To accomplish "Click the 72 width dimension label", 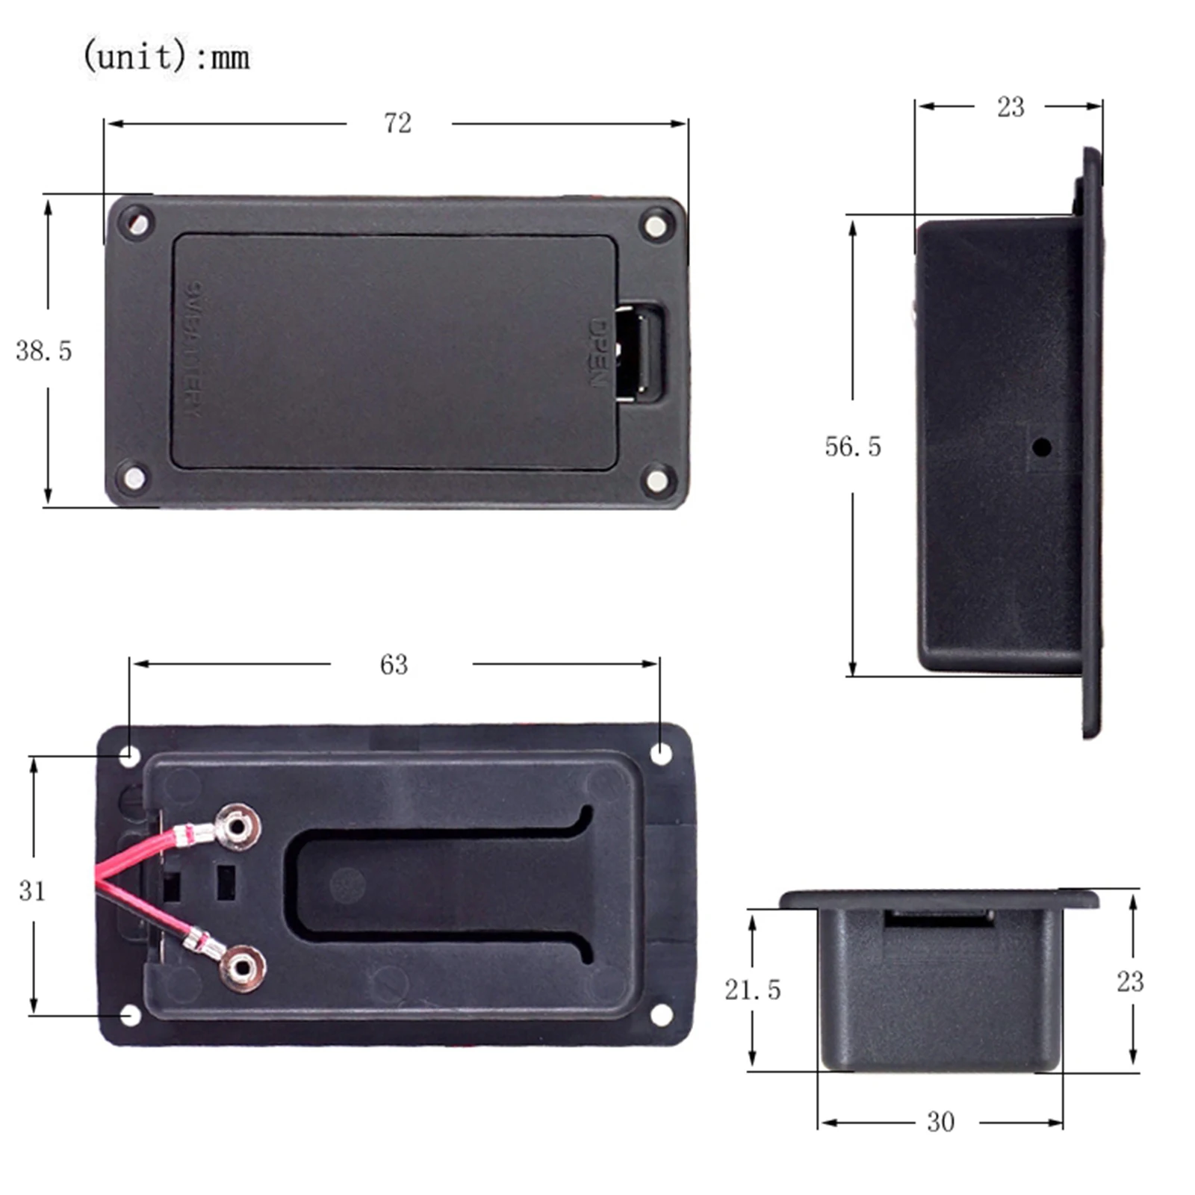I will (397, 123).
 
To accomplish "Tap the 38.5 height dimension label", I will (43, 351).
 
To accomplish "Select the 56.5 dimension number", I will (852, 447).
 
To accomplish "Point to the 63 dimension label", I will (394, 665).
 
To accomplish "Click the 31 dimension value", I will (32, 890).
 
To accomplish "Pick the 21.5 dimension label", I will (752, 990).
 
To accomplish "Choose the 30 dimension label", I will (940, 1122).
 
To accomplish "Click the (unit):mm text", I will (166, 56).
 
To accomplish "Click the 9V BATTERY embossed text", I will (193, 350).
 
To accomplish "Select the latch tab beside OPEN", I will (641, 353).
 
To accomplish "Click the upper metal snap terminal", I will (238, 827).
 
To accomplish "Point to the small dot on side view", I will (1042, 448).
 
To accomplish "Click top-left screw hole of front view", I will (136, 223).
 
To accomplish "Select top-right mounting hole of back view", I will (661, 754).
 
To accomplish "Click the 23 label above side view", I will (1010, 108).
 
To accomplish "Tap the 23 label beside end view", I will (1129, 981).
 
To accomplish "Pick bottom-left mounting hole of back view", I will (130, 1016).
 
